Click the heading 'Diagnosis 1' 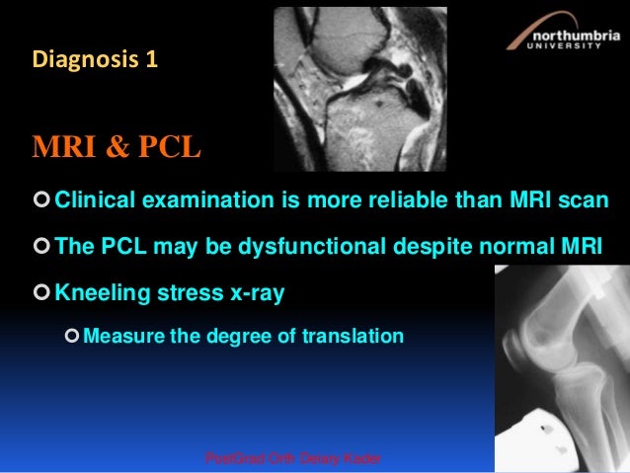95,59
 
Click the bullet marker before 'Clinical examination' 40,202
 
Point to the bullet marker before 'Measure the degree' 70,337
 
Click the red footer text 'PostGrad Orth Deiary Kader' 292,460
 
